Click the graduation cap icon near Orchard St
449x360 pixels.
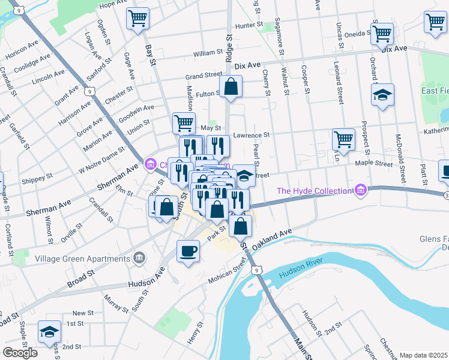click(382, 95)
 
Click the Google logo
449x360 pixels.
click(20, 352)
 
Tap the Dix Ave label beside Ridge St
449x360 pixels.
click(247, 65)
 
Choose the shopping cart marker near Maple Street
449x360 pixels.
click(343, 139)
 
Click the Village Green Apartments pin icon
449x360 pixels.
click(140, 258)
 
